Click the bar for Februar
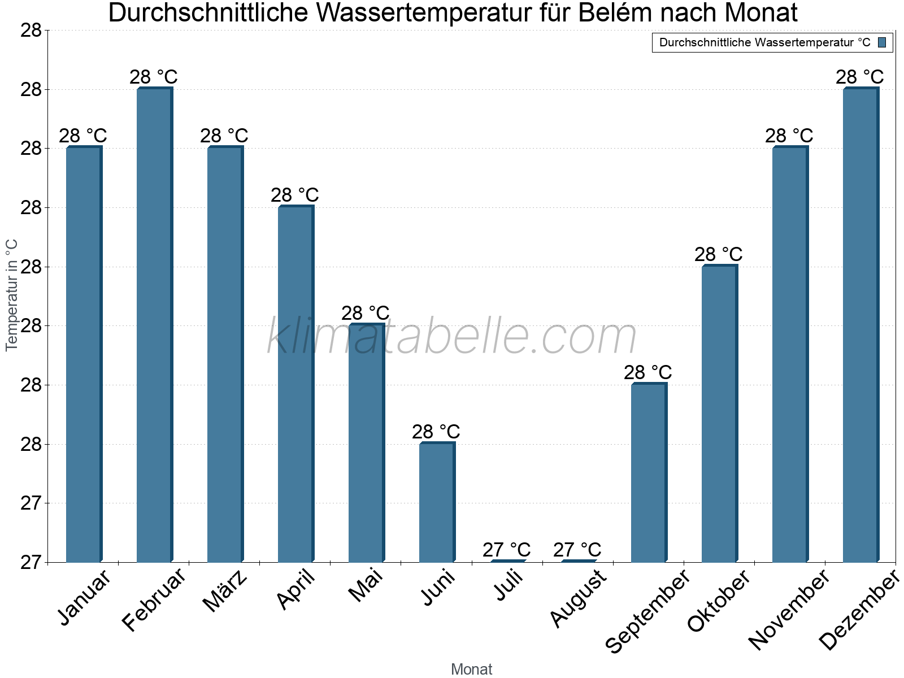pyautogui.click(x=154, y=325)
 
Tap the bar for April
pyautogui.click(x=295, y=384)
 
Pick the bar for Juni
pyautogui.click(x=437, y=502)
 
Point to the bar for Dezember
pyautogui.click(x=860, y=325)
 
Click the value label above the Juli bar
pyautogui.click(x=507, y=550)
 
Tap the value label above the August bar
pyautogui.click(x=577, y=550)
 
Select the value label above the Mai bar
pyautogui.click(x=366, y=313)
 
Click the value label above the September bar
pyautogui.click(x=648, y=372)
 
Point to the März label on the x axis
pyautogui.click(x=225, y=591)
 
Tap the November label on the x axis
pyautogui.click(x=789, y=610)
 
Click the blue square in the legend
pyautogui.click(x=882, y=42)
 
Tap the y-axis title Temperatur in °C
pyautogui.click(x=12, y=295)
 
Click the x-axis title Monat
pyautogui.click(x=472, y=670)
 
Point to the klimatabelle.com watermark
pyautogui.click(x=451, y=337)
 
